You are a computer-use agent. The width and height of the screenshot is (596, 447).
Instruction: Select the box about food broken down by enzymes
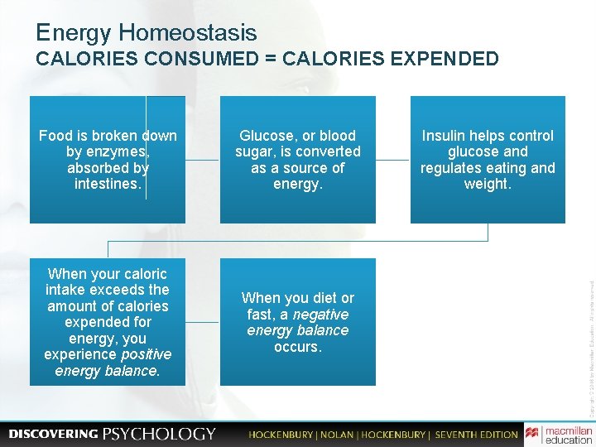pos(108,159)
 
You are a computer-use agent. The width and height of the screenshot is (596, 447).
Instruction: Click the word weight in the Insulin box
pos(488,184)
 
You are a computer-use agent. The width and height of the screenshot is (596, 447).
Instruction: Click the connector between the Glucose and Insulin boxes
pos(392,160)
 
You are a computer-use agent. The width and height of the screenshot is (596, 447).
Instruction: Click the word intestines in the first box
pos(108,184)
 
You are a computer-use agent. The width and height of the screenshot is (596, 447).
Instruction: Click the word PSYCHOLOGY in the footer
pos(159,434)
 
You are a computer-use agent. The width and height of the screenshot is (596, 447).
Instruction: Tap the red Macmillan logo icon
pos(531,434)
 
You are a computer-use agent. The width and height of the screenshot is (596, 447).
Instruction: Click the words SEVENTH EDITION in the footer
pos(476,435)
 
